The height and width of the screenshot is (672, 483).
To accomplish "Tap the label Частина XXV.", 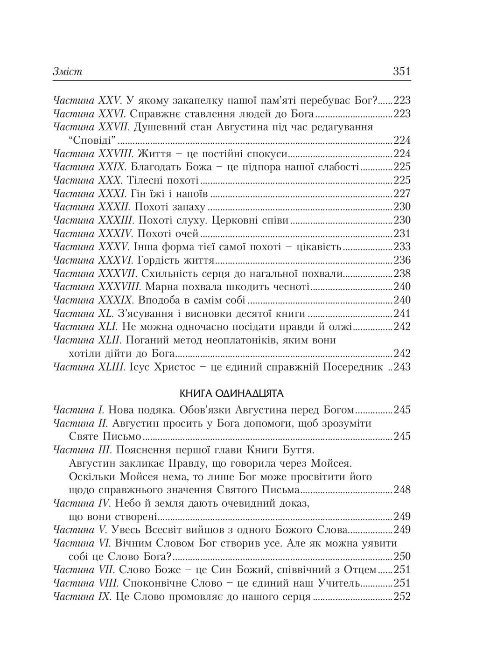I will click(88, 100).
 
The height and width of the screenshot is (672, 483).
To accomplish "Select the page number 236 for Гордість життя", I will click(402, 260).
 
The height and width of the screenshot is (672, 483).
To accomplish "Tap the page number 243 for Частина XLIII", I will click(402, 367).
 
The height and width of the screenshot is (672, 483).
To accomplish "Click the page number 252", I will click(402, 596).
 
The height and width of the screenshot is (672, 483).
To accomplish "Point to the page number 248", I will click(402, 490).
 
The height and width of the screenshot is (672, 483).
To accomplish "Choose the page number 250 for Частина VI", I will click(402, 556).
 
